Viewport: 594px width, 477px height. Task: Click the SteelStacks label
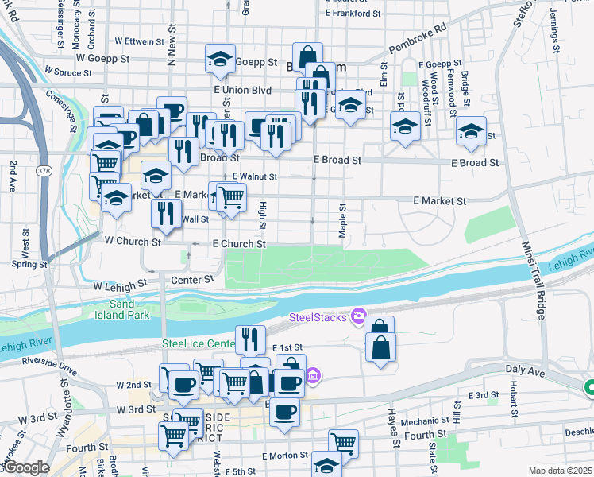point(318,318)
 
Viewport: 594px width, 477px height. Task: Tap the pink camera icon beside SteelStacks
point(358,317)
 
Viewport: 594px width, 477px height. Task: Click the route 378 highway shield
point(44,171)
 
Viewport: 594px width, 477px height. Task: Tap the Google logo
point(26,467)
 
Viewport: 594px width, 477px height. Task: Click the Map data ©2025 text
point(559,470)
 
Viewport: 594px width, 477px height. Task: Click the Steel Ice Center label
point(197,343)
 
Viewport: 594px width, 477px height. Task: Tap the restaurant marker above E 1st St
point(250,339)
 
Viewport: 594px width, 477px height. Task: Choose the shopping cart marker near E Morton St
point(343,442)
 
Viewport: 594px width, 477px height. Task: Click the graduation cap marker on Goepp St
point(220,58)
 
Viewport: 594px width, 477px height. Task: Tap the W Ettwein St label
point(145,40)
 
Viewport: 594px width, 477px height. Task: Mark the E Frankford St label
point(358,14)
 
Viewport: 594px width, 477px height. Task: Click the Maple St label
point(344,218)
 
